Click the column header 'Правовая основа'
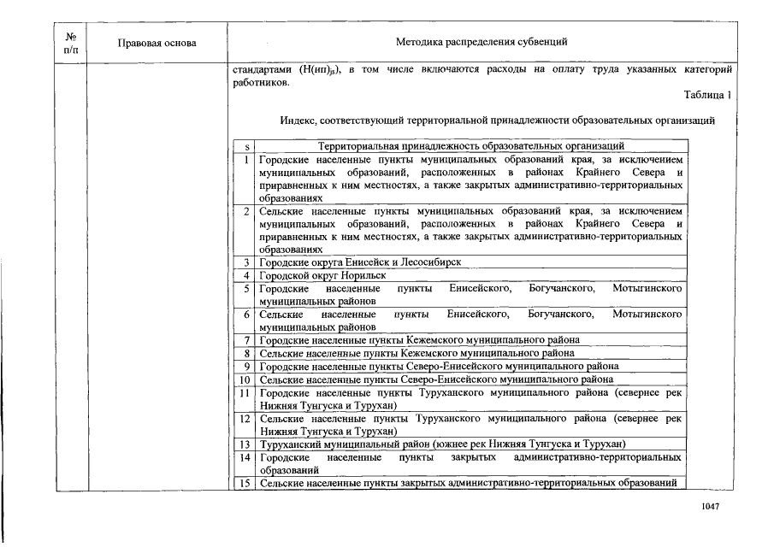[157, 43]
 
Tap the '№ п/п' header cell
[71, 43]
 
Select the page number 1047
[709, 507]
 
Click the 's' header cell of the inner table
[245, 146]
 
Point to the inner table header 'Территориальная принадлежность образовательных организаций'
[471, 146]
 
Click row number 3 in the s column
[245, 262]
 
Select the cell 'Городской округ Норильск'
[323, 275]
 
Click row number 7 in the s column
[245, 339]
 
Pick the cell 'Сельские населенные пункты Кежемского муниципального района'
[417, 352]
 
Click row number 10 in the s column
[245, 379]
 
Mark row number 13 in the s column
[245, 444]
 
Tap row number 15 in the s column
[245, 484]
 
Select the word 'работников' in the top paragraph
[259, 83]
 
